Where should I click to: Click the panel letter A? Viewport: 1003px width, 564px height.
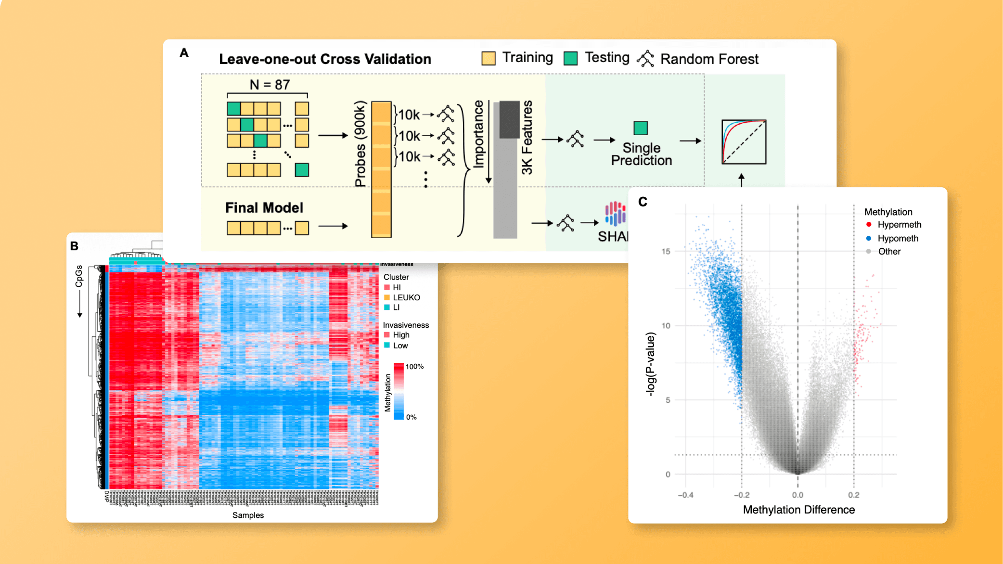[x=184, y=53]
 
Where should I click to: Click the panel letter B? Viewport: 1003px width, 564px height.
[x=74, y=246]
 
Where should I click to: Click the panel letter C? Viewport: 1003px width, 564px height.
[x=643, y=202]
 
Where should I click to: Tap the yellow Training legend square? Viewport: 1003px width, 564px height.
[x=488, y=58]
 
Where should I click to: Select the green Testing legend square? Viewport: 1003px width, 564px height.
[x=570, y=58]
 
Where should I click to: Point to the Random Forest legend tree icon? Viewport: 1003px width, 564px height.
[x=645, y=58]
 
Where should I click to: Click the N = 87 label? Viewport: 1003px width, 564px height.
[x=270, y=85]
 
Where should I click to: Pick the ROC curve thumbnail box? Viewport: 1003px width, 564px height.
[x=744, y=141]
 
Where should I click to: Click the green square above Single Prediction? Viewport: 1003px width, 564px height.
[x=641, y=128]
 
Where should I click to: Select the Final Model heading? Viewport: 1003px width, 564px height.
[x=264, y=207]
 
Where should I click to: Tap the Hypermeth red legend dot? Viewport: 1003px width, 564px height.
[x=869, y=224]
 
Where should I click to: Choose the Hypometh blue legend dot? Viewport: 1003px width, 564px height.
[x=869, y=238]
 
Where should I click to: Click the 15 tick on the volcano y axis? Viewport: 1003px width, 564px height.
[x=666, y=251]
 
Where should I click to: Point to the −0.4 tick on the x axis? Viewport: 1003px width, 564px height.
[x=685, y=495]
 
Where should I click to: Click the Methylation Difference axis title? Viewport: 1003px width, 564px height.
[x=798, y=510]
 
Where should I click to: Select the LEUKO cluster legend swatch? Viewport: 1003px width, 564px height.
[x=387, y=297]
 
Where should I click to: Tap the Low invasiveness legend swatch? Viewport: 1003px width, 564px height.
[x=387, y=345]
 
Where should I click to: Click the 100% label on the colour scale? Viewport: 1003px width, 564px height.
[x=414, y=367]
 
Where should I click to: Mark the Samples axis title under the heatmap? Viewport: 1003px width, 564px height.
[x=248, y=515]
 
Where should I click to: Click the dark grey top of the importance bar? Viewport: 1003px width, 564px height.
[x=509, y=119]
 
